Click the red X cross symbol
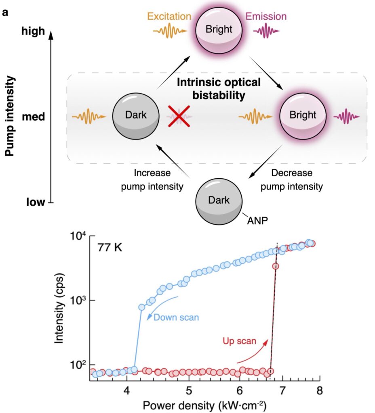(179, 117)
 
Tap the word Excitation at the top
(169, 17)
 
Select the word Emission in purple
(266, 17)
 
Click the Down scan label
(176, 317)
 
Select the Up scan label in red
(239, 341)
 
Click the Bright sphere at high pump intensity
(219, 29)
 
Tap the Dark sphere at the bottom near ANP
(219, 200)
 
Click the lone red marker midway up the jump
(276, 266)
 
